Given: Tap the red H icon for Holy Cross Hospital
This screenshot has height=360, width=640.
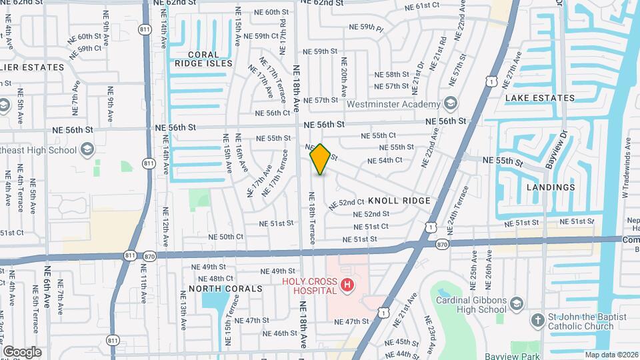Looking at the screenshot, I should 347,286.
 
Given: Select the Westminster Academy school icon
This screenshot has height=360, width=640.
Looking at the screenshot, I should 451,103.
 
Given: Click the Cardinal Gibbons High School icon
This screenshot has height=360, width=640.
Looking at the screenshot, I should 517,305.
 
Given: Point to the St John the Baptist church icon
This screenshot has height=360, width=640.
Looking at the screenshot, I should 538,321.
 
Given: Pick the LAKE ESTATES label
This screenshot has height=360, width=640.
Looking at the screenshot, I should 539,98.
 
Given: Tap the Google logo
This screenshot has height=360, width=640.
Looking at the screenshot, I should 22,351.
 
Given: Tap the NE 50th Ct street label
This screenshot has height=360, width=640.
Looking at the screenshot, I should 226,237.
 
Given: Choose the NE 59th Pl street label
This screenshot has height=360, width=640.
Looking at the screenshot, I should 367,28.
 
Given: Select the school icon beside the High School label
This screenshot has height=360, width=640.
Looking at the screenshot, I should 86,150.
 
